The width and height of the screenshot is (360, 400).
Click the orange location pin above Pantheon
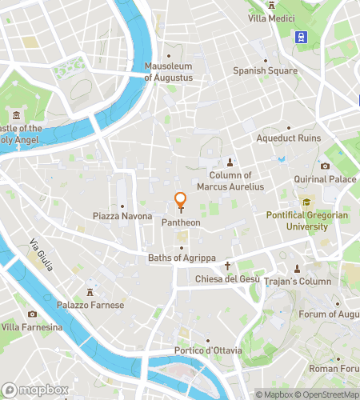pos(181,200)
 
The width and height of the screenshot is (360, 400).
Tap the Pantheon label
pos(181,222)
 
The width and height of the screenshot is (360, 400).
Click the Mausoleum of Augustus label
pos(169,72)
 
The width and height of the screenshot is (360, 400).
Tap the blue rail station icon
pos(302,36)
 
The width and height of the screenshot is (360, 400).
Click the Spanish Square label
pos(265,70)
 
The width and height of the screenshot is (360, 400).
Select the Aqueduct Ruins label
pos(288,138)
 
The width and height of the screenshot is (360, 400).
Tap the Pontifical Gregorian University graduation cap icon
pos(305,202)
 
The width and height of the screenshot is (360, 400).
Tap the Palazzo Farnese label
pos(90,305)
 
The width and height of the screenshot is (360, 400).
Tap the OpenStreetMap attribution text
pos(327,394)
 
